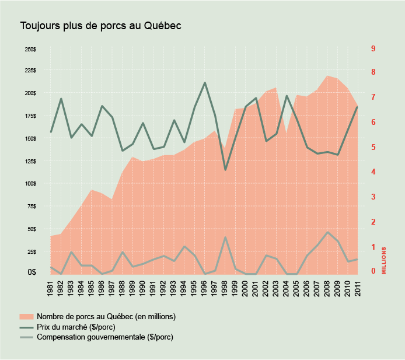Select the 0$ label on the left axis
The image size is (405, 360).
pyautogui.click(x=31, y=272)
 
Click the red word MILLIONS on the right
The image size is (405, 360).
pyautogui.click(x=384, y=260)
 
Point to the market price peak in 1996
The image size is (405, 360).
pyautogui.click(x=205, y=83)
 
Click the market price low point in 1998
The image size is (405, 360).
pyautogui.click(x=225, y=170)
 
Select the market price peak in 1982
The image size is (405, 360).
pyautogui.click(x=61, y=99)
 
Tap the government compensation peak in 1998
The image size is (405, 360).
pyautogui.click(x=225, y=237)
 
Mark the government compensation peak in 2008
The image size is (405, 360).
pyautogui.click(x=327, y=232)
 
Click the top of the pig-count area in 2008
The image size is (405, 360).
pyautogui.click(x=327, y=76)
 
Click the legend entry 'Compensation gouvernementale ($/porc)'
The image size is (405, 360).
pyautogui.click(x=104, y=337)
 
